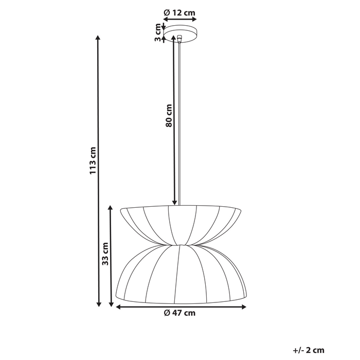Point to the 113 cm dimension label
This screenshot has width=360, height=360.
(x=93, y=161)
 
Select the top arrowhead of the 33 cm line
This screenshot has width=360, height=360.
(x=111, y=207)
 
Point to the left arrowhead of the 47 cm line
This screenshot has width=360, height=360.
(x=117, y=307)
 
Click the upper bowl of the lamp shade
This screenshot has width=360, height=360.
(x=180, y=221)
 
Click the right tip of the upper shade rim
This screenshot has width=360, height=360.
(x=241, y=209)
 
